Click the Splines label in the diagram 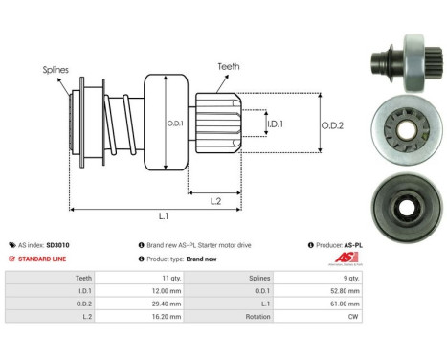point(56,70)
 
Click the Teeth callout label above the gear point(229,66)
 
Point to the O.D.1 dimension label point(175,124)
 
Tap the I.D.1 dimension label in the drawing point(275,124)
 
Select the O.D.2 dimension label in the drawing point(332,125)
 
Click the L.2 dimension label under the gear point(215,201)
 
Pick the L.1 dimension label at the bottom point(164,216)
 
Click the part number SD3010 point(57,245)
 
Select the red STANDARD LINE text point(42,259)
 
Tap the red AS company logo point(346,258)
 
